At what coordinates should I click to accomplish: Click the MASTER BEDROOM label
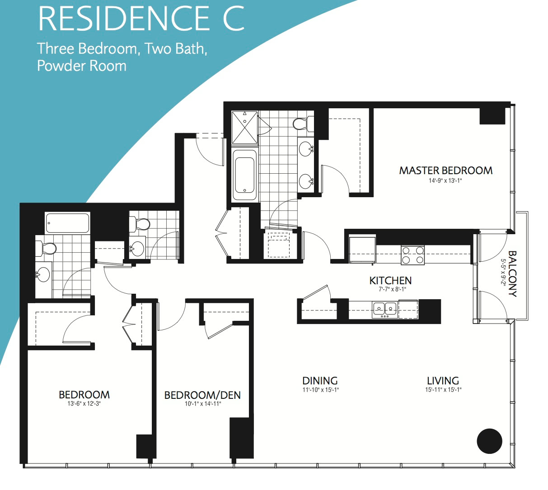coord(445,171)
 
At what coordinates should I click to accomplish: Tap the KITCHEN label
coord(390,281)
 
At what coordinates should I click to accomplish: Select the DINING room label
coord(320,381)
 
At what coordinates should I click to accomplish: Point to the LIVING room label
coord(443,381)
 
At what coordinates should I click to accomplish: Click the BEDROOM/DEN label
coord(202,395)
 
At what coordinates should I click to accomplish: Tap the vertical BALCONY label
coord(513,274)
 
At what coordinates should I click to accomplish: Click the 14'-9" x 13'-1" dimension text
coord(445,181)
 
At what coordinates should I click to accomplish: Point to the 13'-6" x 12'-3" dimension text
coord(84,404)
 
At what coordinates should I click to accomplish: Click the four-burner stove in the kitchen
coord(412,255)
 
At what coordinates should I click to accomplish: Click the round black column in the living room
coord(489,441)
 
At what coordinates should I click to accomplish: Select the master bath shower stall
coord(244,128)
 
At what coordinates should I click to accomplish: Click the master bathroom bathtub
coord(244,175)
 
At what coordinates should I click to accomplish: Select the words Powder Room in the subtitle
coord(82,65)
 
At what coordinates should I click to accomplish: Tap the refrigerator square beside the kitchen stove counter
coord(362,250)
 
